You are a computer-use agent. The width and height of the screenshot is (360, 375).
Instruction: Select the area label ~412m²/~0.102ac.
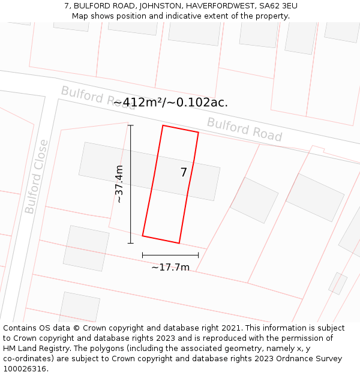(170, 102)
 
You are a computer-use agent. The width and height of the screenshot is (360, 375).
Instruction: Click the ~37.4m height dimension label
(119, 184)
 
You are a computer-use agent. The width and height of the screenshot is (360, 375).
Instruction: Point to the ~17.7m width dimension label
(170, 268)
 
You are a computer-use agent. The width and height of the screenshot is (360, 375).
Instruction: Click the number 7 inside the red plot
(184, 173)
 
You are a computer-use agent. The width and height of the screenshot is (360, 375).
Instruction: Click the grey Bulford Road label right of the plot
(244, 130)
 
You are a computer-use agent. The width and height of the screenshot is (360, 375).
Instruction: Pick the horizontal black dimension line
(170, 255)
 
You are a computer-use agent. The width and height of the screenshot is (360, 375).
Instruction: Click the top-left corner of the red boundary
(163, 125)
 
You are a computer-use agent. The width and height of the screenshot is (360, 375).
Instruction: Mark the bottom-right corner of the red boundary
(179, 243)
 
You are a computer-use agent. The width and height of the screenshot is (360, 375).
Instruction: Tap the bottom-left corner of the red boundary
(142, 236)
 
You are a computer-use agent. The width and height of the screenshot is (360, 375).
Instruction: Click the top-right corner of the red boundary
(198, 133)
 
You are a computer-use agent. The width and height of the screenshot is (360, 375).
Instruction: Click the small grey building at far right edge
(338, 283)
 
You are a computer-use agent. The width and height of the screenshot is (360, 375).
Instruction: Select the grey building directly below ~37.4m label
(86, 248)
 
